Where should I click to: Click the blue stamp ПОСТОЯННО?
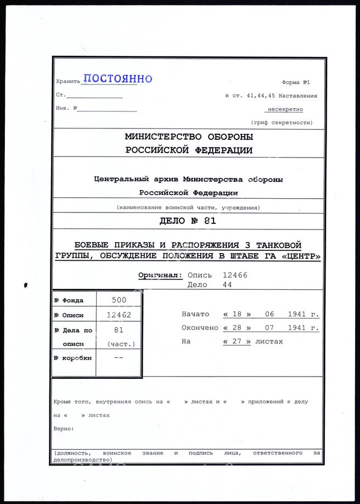pos(117,79)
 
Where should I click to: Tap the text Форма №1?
pos(296,82)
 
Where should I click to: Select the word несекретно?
pos(285,109)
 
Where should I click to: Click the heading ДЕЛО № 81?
pos(188,222)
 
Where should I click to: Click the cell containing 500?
pos(119,300)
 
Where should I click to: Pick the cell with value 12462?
pos(119,315)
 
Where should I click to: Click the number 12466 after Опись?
pos(235,275)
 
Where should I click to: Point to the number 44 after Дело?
pos(227,285)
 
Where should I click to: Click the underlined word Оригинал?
pos(159,275)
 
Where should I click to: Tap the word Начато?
pos(195,314)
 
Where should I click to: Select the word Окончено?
pos(200,328)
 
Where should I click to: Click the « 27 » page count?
pos(237,341)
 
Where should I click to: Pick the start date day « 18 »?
pos(237,314)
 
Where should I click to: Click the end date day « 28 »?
pos(237,328)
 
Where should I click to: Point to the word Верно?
pos(64,428)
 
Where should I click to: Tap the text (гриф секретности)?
pos(282,122)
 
